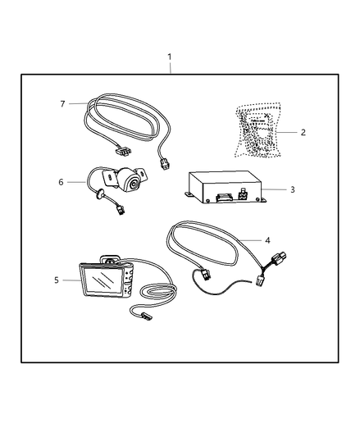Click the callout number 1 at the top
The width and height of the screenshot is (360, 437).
[170, 57]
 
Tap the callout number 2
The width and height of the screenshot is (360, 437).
[303, 132]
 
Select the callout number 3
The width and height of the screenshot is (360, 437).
[292, 189]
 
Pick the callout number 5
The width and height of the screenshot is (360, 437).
[57, 280]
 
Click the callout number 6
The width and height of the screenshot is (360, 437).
[61, 182]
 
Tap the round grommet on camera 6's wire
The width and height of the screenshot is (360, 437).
[99, 195]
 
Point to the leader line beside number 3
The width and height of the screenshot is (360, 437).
[275, 189]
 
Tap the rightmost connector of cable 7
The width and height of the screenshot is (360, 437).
[165, 164]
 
